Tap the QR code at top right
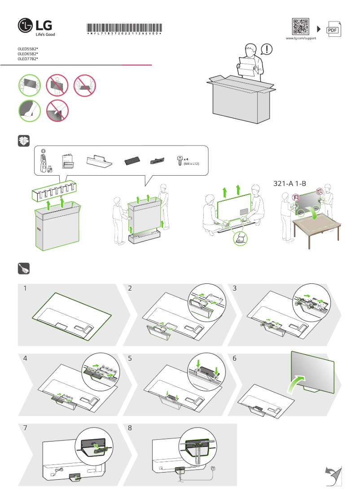click(x=301, y=27)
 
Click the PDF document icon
click(x=333, y=29)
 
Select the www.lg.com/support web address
click(x=301, y=39)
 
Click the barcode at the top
click(x=123, y=27)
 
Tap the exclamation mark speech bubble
click(x=267, y=49)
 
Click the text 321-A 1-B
click(x=290, y=184)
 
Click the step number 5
click(x=130, y=358)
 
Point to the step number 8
click(x=130, y=428)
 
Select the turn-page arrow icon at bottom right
click(x=332, y=475)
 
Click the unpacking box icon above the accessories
click(x=24, y=141)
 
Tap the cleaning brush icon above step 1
click(x=24, y=269)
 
